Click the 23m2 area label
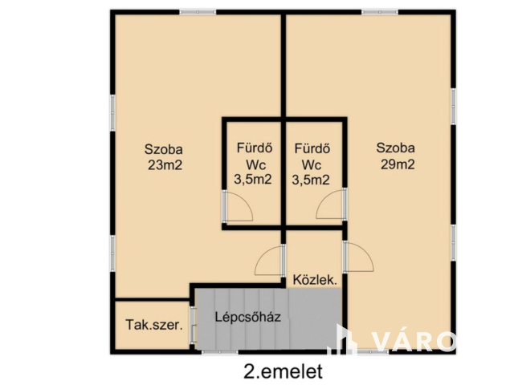pyautogui.click(x=164, y=166)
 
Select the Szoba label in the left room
pyautogui.click(x=164, y=149)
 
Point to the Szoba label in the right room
pyautogui.click(x=396, y=148)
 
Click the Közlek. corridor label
pyautogui.click(x=314, y=281)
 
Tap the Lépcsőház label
pyautogui.click(x=247, y=316)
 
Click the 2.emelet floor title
pyautogui.click(x=282, y=371)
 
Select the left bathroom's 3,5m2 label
pyautogui.click(x=252, y=180)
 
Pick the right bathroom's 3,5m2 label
pyautogui.click(x=310, y=180)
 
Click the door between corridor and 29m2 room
pyautogui.click(x=357, y=258)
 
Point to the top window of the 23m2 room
pyautogui.click(x=197, y=11)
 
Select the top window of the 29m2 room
pyautogui.click(x=379, y=11)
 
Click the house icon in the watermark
pyautogui.click(x=343, y=340)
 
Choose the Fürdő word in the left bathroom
pyautogui.click(x=252, y=148)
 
